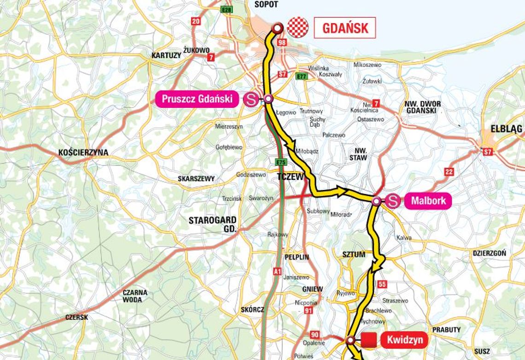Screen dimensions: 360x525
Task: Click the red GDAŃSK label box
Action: [345, 28]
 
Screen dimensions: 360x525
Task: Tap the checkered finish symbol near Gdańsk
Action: [297, 27]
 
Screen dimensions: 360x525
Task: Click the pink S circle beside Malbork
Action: [392, 201]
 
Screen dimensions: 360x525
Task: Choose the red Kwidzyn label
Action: [404, 341]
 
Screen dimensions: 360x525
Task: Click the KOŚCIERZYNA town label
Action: [83, 153]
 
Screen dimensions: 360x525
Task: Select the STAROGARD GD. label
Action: [212, 224]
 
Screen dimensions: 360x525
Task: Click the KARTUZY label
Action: [166, 56]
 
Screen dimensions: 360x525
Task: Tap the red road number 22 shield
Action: [449, 171]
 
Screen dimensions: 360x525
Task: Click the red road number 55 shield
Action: [382, 284]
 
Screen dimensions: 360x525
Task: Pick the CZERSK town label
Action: [76, 317]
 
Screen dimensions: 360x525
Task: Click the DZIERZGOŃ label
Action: [489, 253]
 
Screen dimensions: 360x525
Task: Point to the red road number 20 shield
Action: [196, 21]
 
